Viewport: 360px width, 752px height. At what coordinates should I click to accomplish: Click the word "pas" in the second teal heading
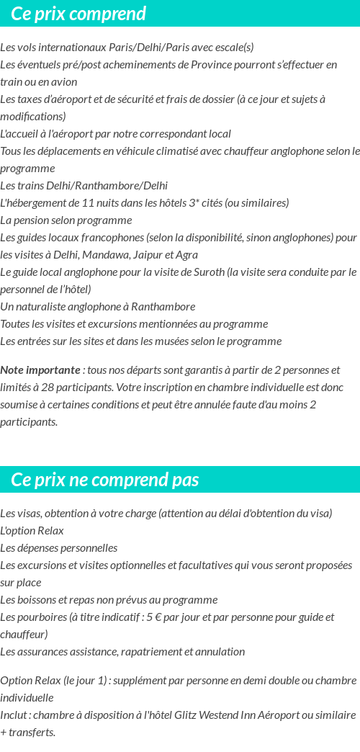click(185, 480)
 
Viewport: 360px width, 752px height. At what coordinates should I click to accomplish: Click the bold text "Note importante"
click(40, 370)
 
